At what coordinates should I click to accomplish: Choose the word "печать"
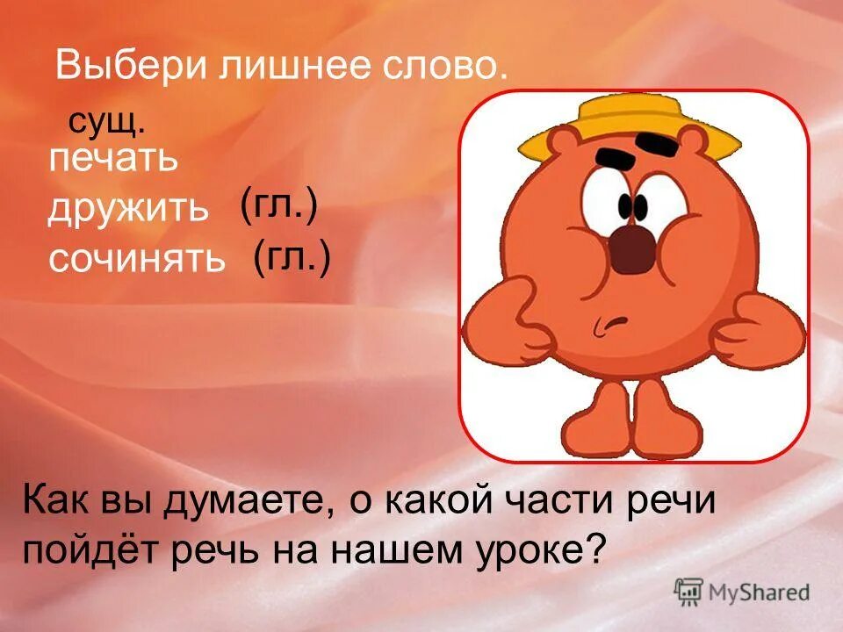tap(113, 161)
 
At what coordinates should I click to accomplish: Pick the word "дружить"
tap(128, 209)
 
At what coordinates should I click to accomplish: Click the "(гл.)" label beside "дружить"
tap(277, 207)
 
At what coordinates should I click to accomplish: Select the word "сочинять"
tap(136, 259)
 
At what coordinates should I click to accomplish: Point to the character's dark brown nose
tap(633, 249)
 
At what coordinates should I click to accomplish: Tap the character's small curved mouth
tap(606, 327)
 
